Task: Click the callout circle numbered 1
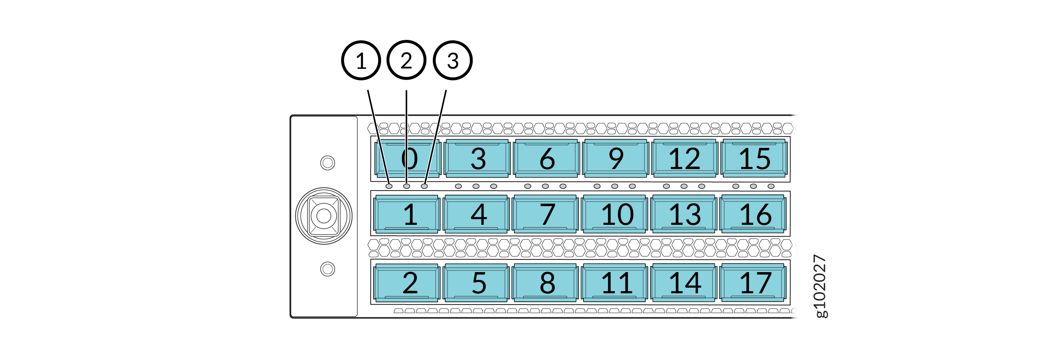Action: click(x=361, y=60)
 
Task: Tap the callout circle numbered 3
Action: click(x=453, y=60)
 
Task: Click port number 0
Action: click(x=408, y=158)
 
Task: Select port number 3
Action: click(x=478, y=158)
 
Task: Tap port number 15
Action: click(x=754, y=158)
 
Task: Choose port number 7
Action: click(x=546, y=214)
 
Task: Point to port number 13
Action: click(x=684, y=214)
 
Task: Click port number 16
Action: click(x=754, y=214)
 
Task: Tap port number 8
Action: click(x=546, y=283)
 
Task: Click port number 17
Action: click(x=754, y=283)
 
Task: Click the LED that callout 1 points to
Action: click(x=389, y=186)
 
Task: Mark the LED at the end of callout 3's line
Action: click(x=424, y=186)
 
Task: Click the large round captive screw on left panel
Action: click(x=324, y=216)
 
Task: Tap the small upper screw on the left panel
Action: click(x=327, y=162)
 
